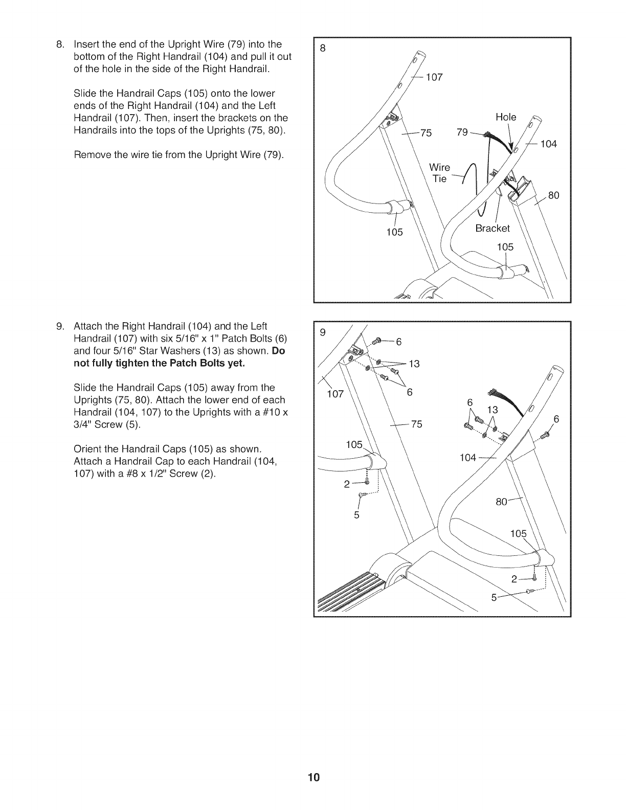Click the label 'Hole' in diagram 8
point(506,117)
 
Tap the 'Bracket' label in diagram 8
point(493,228)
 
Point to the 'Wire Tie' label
point(439,173)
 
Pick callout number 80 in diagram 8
point(553,195)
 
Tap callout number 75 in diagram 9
point(416,424)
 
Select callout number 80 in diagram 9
point(501,502)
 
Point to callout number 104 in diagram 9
point(467,457)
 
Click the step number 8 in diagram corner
point(322,49)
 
